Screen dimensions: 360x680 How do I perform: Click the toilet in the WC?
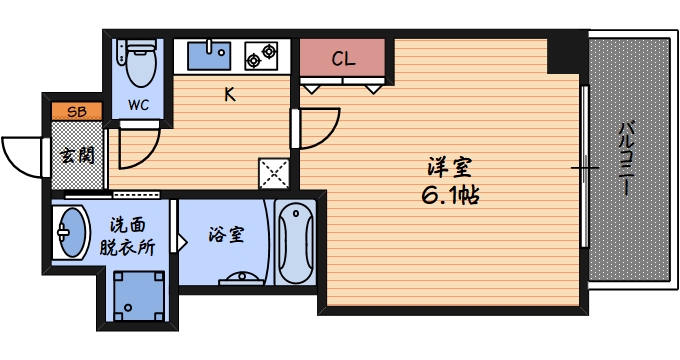pos(138,62)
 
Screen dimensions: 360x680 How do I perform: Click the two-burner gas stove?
pos(262,54)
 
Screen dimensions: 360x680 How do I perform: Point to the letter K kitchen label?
pos(229,95)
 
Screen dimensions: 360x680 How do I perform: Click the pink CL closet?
pos(342,58)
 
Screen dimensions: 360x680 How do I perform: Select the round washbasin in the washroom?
pos(70,232)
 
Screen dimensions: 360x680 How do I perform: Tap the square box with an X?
pos(273,173)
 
